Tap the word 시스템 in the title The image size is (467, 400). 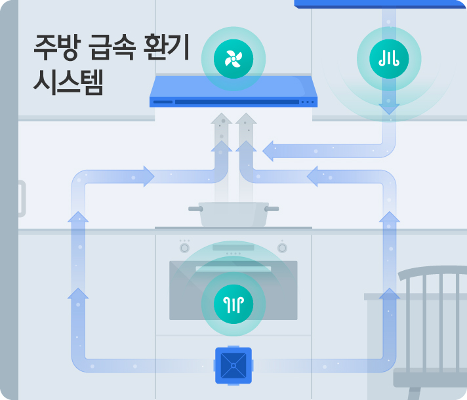(x=68, y=83)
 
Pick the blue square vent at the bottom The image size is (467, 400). (x=233, y=365)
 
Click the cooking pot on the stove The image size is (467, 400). (x=233, y=214)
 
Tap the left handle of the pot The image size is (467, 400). (x=195, y=209)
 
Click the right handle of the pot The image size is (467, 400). (x=272, y=209)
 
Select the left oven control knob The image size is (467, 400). (x=184, y=249)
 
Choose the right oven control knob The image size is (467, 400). (x=282, y=249)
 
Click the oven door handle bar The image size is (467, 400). (x=233, y=269)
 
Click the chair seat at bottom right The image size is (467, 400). (x=430, y=378)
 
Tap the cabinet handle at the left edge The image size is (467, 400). (x=21, y=199)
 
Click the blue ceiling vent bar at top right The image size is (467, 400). (x=380, y=4)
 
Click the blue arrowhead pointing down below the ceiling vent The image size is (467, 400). (x=389, y=107)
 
